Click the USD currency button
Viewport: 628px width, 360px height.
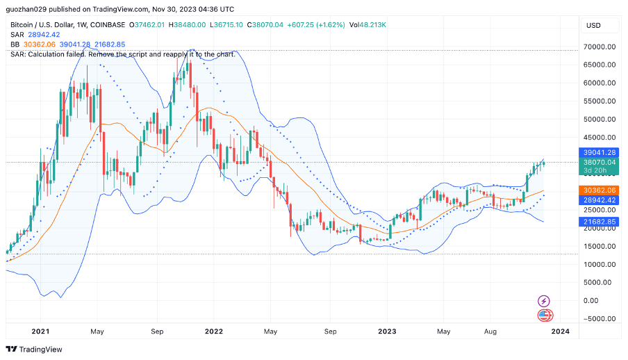coord(593,26)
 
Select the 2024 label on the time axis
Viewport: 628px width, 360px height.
coord(560,332)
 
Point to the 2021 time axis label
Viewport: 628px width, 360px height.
coord(41,332)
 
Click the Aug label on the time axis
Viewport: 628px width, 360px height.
coord(490,332)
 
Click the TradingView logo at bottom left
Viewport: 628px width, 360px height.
coord(34,349)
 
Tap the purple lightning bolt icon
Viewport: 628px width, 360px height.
coord(545,301)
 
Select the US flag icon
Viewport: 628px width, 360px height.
coord(545,316)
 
